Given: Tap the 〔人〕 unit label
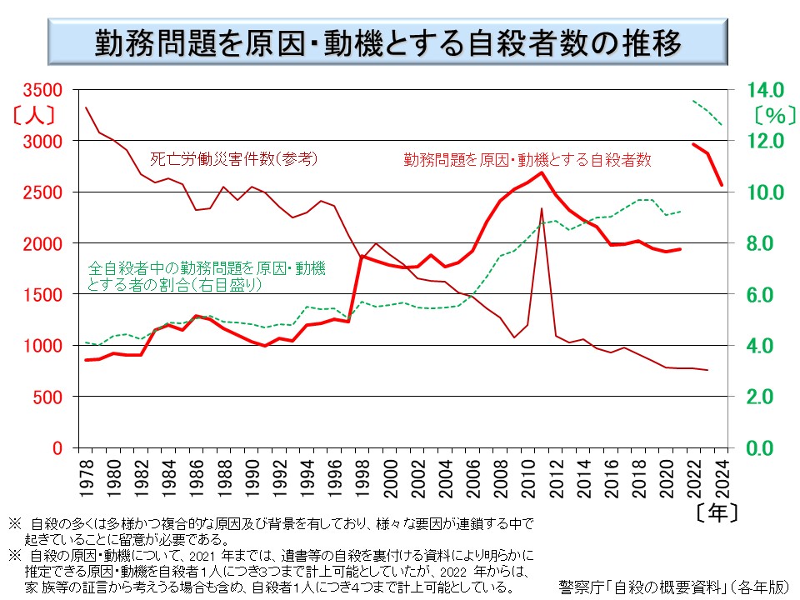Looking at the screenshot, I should click(34, 112).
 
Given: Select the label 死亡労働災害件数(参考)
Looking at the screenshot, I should click(234, 157).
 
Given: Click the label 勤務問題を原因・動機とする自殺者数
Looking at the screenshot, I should click(527, 157).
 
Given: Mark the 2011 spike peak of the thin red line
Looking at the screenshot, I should click(542, 208).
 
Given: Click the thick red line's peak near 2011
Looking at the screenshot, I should click(542, 172).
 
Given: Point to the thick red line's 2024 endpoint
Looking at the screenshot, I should click(722, 185).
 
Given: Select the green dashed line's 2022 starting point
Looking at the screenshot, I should click(694, 101).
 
